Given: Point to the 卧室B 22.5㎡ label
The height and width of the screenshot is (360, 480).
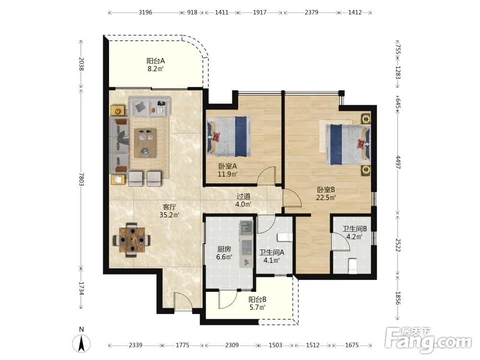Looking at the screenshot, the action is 326,193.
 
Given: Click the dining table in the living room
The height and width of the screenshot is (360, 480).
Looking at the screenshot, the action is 132,240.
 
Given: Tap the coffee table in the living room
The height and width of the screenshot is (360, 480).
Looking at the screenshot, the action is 145,143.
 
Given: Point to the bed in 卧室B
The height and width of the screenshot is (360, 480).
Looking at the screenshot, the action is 348,144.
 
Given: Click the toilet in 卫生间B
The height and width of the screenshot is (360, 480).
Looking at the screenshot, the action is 353,266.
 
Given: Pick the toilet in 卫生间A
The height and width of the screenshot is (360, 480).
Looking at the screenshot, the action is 285,237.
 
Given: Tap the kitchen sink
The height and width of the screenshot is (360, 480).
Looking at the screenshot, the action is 246,228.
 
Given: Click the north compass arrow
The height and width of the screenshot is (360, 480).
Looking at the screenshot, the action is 82,343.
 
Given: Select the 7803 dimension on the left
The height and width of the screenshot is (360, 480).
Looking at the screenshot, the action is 81,179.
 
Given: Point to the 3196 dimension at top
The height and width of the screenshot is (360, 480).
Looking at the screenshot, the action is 145,12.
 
